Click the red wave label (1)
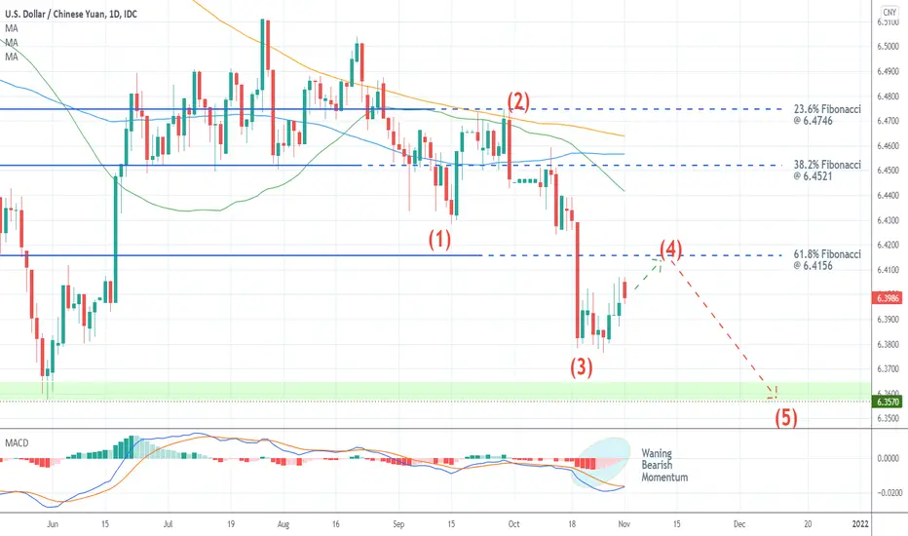[x=439, y=239]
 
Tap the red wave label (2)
[x=518, y=101]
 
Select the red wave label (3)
[x=582, y=367]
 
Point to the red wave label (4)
[x=670, y=249]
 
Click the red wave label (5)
[x=786, y=417]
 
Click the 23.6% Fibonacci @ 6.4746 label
[x=827, y=115]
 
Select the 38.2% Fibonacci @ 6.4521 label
[x=827, y=171]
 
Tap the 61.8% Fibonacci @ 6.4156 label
[x=827, y=259]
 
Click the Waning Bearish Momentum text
[x=664, y=465]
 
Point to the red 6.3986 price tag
[x=888, y=298]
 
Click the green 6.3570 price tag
[x=888, y=402]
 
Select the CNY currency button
[x=889, y=12]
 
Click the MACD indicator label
[x=17, y=443]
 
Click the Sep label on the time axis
[x=398, y=524]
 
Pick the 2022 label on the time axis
[x=860, y=524]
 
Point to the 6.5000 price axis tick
[x=888, y=47]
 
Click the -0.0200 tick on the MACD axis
[x=889, y=493]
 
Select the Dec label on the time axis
[x=739, y=524]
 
